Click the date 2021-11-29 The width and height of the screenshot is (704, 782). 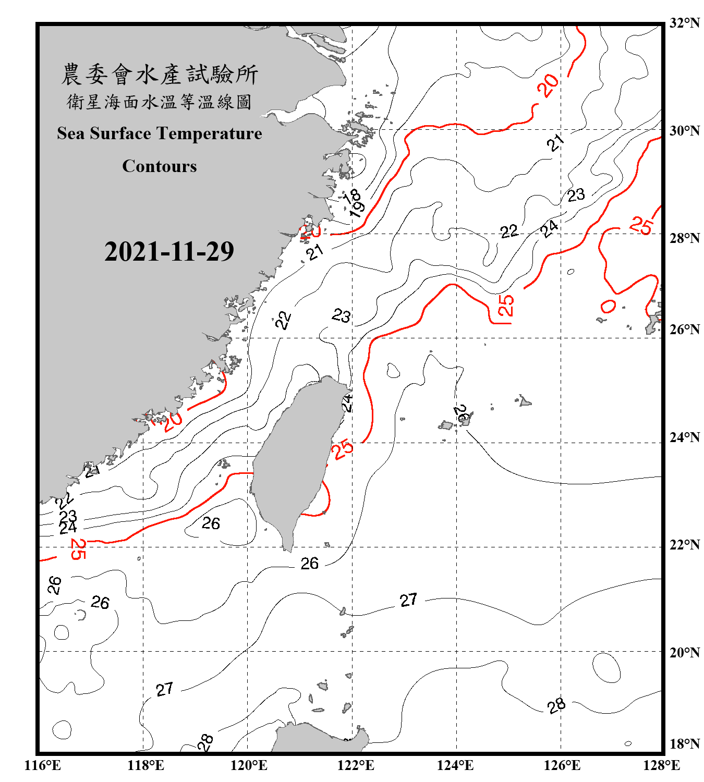pyautogui.click(x=169, y=252)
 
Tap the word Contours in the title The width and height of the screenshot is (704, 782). pyautogui.click(x=160, y=166)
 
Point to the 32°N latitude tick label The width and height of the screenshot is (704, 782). pyautogui.click(x=684, y=23)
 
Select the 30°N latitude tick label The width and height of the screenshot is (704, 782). pyautogui.click(x=684, y=130)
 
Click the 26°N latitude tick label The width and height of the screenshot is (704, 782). pyautogui.click(x=684, y=329)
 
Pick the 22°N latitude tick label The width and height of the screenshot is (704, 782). pyautogui.click(x=684, y=545)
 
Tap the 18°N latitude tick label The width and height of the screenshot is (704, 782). pyautogui.click(x=684, y=744)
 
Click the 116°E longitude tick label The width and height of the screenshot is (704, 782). pyautogui.click(x=42, y=765)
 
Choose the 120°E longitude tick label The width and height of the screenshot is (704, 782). pyautogui.click(x=249, y=765)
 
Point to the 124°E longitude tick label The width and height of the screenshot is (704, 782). pyautogui.click(x=455, y=765)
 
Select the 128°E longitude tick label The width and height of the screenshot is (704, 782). pyautogui.click(x=661, y=765)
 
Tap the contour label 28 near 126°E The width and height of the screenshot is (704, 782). pyautogui.click(x=556, y=705)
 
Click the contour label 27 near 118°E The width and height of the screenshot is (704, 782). pyautogui.click(x=164, y=689)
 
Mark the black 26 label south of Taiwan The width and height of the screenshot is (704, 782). pyautogui.click(x=309, y=564)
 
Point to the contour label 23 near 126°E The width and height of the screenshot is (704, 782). pyautogui.click(x=576, y=195)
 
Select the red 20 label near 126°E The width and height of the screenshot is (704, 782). pyautogui.click(x=548, y=85)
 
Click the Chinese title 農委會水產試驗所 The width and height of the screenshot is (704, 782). pyautogui.click(x=160, y=75)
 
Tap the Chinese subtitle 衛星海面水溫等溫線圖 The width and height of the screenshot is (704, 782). pyautogui.click(x=160, y=102)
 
